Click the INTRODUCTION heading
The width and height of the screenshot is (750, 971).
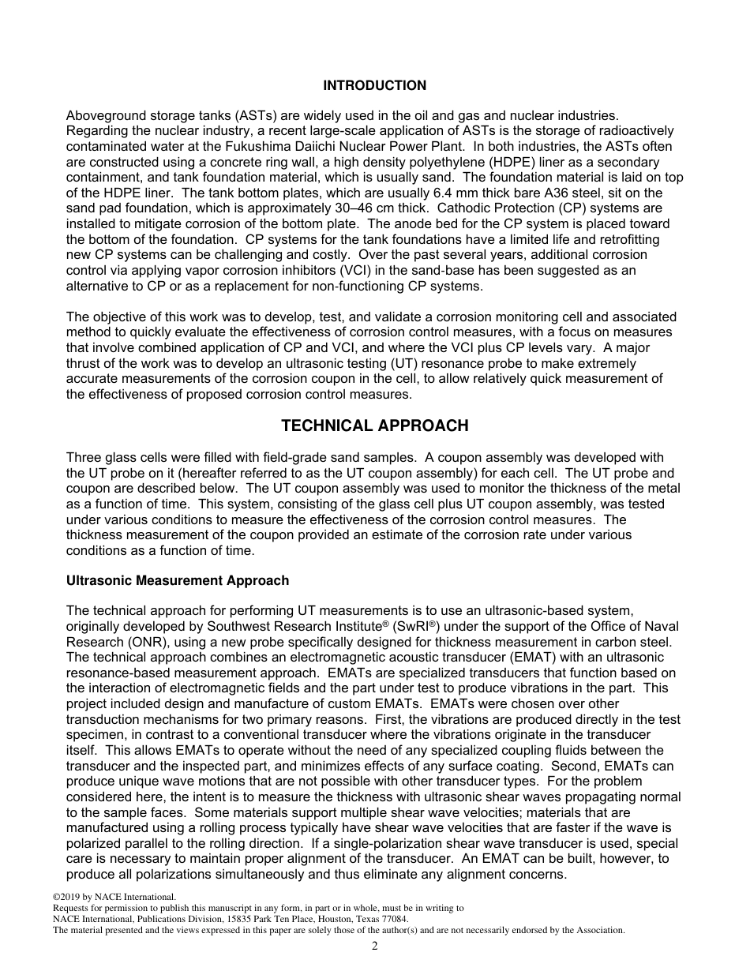(374, 85)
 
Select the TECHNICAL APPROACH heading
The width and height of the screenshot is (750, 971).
(374, 426)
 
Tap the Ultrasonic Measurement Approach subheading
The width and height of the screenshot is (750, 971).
(178, 581)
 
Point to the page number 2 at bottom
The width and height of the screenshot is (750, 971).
(375, 947)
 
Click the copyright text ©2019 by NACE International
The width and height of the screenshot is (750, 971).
(114, 898)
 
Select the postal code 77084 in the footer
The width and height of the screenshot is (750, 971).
(394, 920)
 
